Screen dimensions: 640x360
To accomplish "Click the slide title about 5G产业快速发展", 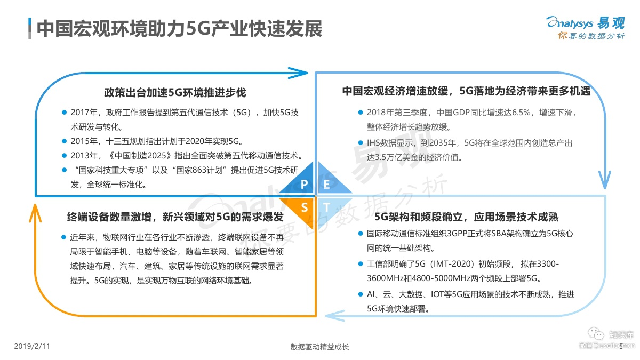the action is (179, 29).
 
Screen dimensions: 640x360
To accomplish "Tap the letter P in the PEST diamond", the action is (304, 185).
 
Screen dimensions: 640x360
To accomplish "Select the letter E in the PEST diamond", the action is (327, 185).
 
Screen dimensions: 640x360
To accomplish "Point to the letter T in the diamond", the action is (327, 207).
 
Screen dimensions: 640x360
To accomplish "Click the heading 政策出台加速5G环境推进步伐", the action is (175, 92).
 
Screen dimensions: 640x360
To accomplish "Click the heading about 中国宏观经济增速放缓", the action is (466, 91).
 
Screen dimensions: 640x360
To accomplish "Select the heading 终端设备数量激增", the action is (175, 217).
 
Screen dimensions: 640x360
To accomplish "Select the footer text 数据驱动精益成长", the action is (319, 347).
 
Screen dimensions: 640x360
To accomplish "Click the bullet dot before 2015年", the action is (64, 141).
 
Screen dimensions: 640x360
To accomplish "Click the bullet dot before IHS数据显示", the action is (361, 143).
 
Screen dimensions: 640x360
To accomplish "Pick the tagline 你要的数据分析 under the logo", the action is (590, 36).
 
